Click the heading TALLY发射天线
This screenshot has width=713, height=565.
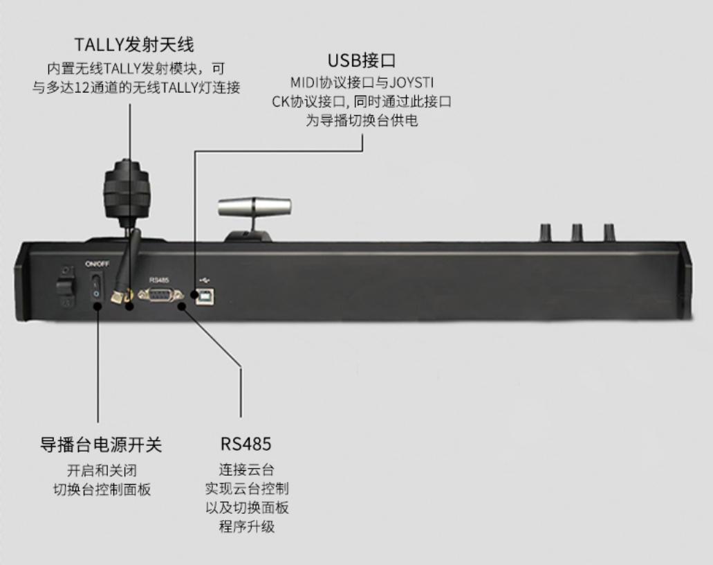134,45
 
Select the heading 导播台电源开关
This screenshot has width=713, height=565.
101,444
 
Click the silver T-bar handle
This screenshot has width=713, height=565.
254,207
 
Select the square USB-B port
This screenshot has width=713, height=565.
206,296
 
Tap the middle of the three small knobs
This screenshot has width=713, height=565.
577,231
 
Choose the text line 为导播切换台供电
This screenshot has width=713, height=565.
362,120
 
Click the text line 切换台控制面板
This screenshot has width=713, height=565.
102,490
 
